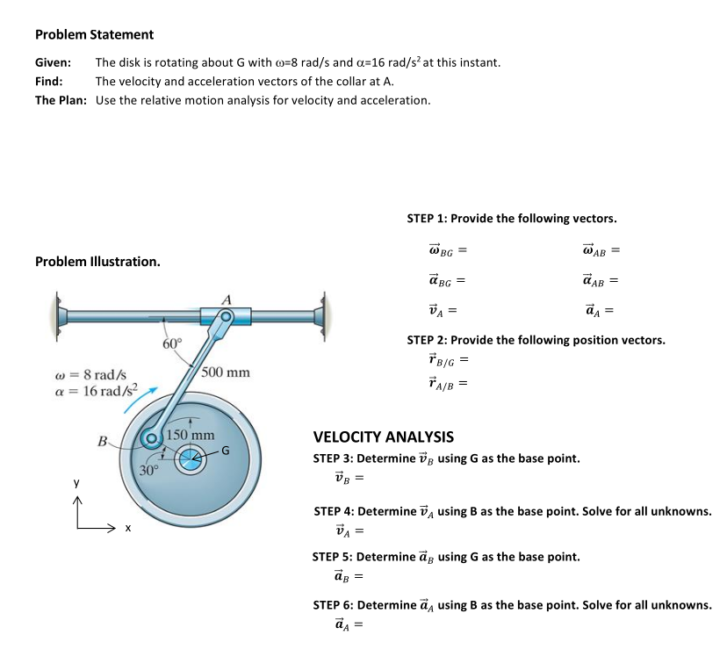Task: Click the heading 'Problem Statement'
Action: [94, 34]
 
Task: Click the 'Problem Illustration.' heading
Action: [97, 262]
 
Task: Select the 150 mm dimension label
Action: [191, 435]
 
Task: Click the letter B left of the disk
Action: [103, 439]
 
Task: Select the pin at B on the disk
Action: [153, 439]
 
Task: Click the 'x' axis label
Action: [127, 528]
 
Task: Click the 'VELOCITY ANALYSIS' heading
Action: [384, 437]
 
